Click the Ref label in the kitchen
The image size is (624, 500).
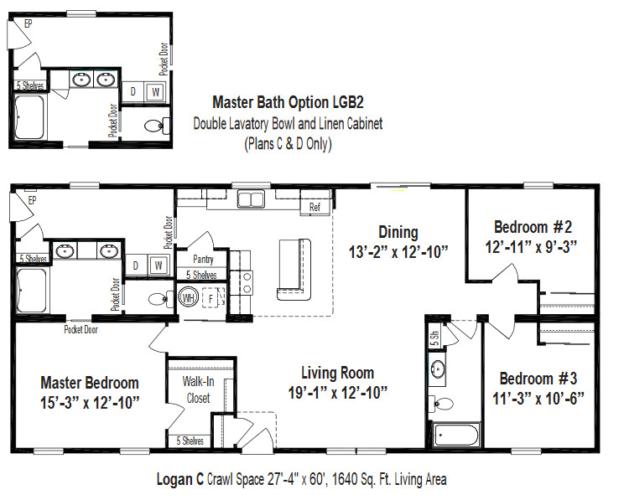click(315, 207)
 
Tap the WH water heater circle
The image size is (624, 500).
click(188, 297)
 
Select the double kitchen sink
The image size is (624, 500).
click(251, 198)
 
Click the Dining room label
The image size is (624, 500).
click(398, 233)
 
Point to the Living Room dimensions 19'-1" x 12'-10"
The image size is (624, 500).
click(337, 393)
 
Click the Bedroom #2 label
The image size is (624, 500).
click(533, 227)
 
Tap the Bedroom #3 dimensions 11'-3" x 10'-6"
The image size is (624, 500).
click(538, 398)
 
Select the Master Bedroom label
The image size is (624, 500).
click(90, 383)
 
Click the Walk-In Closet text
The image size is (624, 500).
click(198, 389)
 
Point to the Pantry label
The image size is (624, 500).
click(203, 260)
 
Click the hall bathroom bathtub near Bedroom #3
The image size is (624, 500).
click(456, 436)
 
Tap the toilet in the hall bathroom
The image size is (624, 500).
click(443, 404)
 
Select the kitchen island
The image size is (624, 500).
click(294, 270)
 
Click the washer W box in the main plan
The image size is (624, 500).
click(159, 265)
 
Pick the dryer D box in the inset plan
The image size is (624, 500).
click(133, 92)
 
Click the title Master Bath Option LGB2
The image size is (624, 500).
click(288, 102)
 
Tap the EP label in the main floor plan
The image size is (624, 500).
click(32, 200)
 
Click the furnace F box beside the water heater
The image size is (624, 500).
click(211, 298)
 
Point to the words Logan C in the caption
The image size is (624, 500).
click(179, 479)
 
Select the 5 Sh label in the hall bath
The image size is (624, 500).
click(434, 338)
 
